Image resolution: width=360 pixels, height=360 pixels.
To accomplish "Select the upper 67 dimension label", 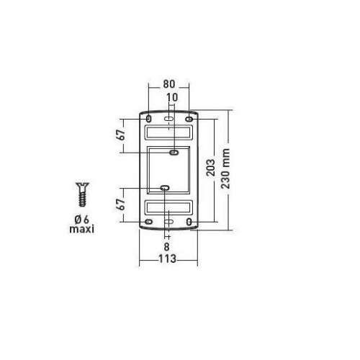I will coord(123,135).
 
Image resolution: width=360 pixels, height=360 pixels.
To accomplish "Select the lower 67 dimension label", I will coord(123,204).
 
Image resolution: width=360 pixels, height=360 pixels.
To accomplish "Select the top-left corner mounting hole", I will coord(148,118).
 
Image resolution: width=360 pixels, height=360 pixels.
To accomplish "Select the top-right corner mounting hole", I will coord(189,118).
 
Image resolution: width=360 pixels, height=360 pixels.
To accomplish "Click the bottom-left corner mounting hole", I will coord(148,223).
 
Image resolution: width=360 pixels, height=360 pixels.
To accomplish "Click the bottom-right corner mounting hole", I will coord(189,223).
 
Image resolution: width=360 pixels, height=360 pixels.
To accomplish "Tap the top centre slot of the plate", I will coord(168,117).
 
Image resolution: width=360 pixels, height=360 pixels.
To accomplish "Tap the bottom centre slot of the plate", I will coord(168,224).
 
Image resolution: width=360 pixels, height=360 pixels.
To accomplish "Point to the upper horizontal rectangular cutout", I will coord(168,133).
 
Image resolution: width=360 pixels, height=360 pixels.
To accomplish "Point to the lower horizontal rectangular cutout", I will coord(168,208).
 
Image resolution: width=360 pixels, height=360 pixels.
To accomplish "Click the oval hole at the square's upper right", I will coord(174,153).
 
